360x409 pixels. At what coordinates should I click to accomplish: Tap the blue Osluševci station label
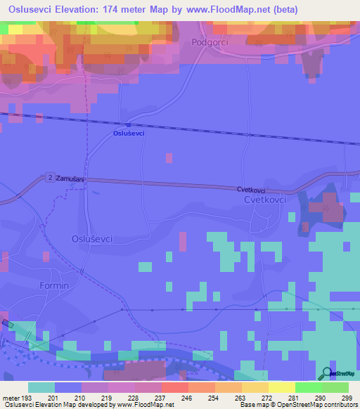click(x=129, y=134)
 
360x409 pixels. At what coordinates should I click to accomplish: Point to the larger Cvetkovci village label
click(x=255, y=200)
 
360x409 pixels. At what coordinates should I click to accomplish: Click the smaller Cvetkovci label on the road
click(x=250, y=190)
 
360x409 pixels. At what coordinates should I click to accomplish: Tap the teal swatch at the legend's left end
click(x=41, y=387)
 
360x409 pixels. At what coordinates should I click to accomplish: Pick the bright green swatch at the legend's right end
click(x=335, y=387)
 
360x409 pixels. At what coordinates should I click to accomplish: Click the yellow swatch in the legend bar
click(x=281, y=387)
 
